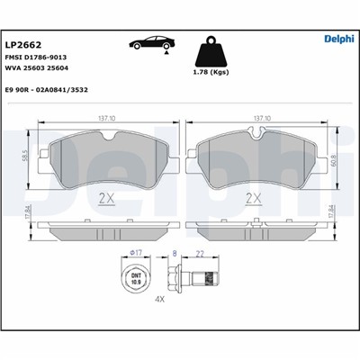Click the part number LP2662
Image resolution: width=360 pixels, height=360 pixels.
(23, 45)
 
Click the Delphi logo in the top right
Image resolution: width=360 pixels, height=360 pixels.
(339, 39)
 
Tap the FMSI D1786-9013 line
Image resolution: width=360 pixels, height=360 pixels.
(36, 58)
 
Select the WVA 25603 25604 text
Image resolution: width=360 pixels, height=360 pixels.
(37, 68)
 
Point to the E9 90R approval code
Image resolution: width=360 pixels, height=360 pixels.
(47, 90)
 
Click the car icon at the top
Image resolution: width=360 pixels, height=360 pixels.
(152, 44)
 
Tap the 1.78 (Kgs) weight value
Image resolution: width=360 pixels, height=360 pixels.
(211, 72)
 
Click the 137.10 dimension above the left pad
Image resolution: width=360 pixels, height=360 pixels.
(107, 119)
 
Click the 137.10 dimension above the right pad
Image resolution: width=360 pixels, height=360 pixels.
(262, 119)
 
